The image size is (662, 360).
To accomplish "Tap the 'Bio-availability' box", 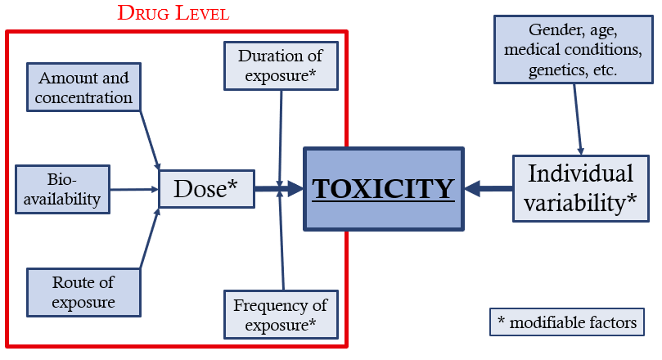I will (62, 188).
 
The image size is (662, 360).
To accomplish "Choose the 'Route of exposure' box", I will (83, 293).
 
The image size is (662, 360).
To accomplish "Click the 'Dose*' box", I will (205, 189).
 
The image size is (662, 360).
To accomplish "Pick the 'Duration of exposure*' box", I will (280, 66).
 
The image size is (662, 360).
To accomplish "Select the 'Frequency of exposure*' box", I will (280, 315).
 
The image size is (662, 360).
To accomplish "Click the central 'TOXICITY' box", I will (384, 189).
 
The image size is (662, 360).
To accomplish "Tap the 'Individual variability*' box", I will (580, 188).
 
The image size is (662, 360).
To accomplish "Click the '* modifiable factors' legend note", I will (566, 322).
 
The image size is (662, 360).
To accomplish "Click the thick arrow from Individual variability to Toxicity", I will (489, 189).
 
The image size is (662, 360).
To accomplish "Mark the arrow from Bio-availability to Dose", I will (133, 189).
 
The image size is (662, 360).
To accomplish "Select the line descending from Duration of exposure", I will (280, 131).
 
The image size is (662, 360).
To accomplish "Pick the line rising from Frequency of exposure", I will (281, 245).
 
